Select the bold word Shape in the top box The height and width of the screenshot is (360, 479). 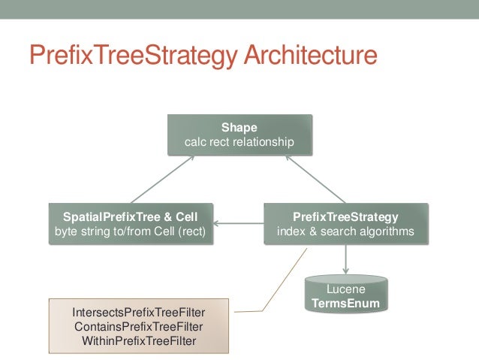click(238, 127)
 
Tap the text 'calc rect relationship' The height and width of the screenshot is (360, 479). click(238, 141)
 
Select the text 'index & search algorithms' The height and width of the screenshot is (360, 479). click(345, 231)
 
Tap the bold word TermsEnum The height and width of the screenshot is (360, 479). click(346, 304)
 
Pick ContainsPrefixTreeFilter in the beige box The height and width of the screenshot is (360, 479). click(139, 327)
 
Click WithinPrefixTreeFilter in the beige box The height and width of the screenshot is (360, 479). click(139, 340)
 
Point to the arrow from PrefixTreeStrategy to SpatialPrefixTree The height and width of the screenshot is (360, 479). click(239, 223)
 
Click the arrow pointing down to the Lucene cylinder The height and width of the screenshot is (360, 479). click(345, 259)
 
